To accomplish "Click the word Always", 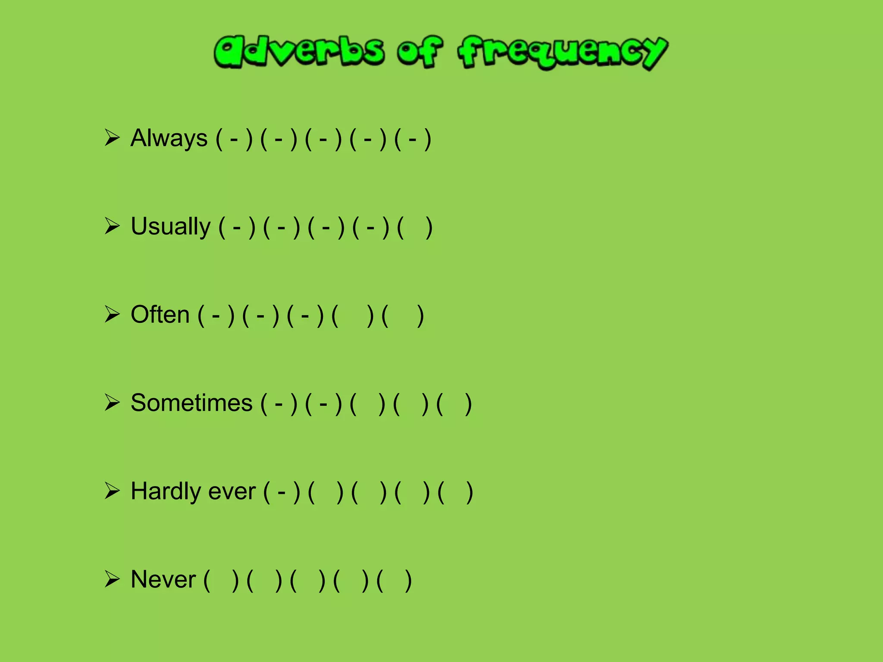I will (169, 139).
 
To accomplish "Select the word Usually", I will (170, 227).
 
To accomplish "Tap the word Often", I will (160, 315).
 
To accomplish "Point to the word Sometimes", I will (191, 403).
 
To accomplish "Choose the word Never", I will (163, 580).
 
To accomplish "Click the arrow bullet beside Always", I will (112, 138).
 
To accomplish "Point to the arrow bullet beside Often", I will (112, 314).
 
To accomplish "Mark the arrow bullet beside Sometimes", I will (112, 403).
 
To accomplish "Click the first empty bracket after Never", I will (221, 580).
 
